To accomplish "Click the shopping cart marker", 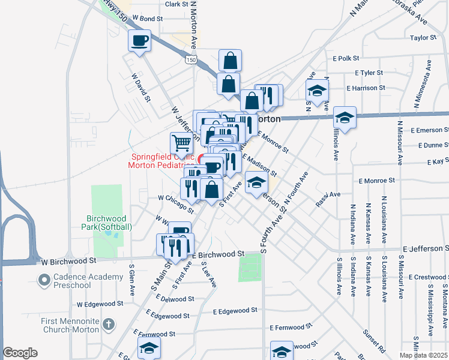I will click(181, 144).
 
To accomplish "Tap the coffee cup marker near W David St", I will click(139, 41).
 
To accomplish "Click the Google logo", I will click(20, 353).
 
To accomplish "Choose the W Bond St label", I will click(148, 19).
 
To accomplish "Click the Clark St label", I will click(176, 4).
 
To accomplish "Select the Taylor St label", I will click(423, 37).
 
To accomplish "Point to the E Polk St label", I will click(345, 58).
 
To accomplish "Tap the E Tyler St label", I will click(369, 73).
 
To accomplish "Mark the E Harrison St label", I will click(366, 88).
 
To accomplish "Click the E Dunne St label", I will click(427, 145).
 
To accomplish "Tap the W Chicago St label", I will click(175, 203).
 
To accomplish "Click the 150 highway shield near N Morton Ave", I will click(190, 59).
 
